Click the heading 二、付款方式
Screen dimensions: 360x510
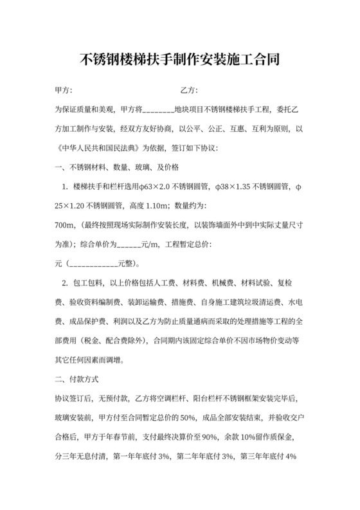[76, 379]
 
